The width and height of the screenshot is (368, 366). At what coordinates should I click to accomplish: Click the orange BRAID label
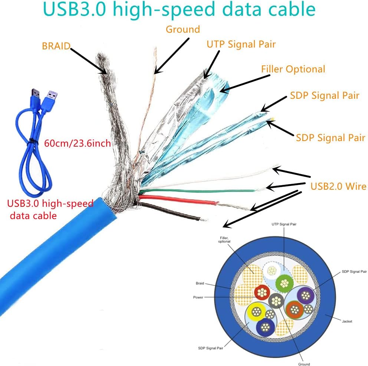56,46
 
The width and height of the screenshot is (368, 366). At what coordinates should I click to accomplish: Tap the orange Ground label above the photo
183,29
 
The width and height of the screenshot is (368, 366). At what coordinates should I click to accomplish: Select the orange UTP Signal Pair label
241,45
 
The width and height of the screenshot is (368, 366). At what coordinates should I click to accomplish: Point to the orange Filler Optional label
293,69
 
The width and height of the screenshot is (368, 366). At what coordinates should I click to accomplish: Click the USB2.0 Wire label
338,186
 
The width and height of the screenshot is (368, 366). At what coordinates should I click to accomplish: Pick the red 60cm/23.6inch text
78,143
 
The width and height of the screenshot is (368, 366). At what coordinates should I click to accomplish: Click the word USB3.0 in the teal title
75,9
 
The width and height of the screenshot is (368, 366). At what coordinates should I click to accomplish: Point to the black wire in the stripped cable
169,211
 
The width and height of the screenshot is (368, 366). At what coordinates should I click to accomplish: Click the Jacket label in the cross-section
347,321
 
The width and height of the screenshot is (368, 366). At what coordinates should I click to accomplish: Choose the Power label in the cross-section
198,297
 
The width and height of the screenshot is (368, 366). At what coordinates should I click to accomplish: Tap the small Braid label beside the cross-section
200,283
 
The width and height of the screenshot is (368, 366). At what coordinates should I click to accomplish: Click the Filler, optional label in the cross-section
224,239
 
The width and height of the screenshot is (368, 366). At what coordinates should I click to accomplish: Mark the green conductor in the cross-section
284,284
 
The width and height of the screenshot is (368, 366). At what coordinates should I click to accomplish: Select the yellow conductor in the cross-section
256,312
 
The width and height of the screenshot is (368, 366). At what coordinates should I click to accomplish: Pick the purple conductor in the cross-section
305,295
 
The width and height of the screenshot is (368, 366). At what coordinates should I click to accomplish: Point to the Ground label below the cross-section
304,364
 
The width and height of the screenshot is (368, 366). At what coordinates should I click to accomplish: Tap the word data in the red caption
20,216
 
